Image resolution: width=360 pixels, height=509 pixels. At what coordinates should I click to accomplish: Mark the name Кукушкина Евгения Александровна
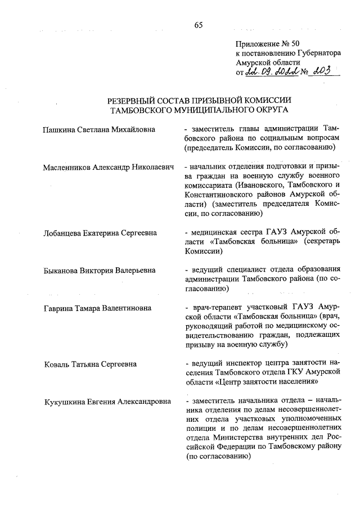point(108,401)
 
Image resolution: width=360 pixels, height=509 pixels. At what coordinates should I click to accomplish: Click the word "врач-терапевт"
point(215,308)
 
